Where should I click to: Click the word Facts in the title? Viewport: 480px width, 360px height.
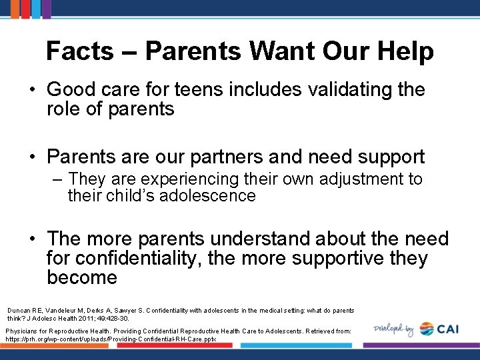79,51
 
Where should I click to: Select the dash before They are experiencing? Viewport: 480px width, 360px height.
58,179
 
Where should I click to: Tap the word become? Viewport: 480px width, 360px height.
82,277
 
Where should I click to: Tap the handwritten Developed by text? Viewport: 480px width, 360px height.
394,329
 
